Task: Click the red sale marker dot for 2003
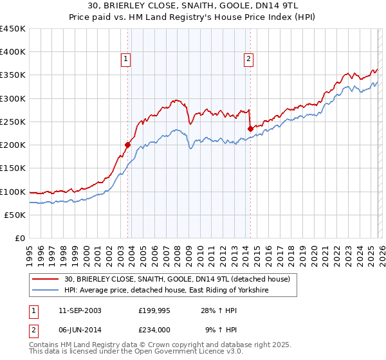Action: pyautogui.click(x=127, y=145)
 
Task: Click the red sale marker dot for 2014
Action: pyautogui.click(x=250, y=129)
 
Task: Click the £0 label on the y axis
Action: pyautogui.click(x=21, y=238)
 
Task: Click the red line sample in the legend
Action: pyautogui.click(x=46, y=279)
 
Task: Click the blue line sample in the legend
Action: pyautogui.click(x=46, y=291)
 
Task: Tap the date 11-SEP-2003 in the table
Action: pyautogui.click(x=73, y=310)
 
